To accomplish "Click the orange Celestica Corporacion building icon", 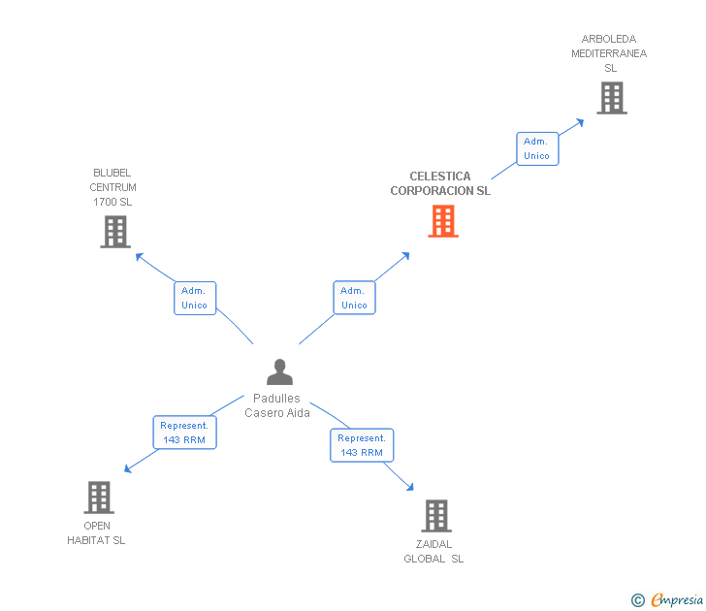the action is (443, 221).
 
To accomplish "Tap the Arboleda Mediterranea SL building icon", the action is (611, 98).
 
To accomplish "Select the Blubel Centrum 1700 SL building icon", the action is (114, 232).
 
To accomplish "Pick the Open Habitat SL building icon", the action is (98, 498).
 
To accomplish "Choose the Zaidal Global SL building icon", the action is (437, 516).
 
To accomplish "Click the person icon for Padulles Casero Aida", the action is (279, 371).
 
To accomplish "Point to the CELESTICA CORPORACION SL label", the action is (440, 183).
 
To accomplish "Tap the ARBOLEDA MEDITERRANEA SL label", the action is (609, 53).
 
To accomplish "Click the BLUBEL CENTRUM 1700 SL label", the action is (113, 187).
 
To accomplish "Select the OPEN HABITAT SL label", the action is (96, 533).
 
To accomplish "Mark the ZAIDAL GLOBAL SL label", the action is (433, 551).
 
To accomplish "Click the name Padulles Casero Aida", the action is (277, 405).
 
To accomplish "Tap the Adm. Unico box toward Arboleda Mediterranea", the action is (536, 148).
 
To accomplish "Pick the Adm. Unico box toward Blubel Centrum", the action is (195, 298).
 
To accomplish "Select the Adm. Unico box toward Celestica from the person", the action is (354, 298).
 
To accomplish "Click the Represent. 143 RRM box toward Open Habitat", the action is (184, 432).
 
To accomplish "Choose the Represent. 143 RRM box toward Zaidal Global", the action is (362, 445).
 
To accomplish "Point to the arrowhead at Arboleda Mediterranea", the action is (580, 121).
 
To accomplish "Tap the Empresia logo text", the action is (675, 599).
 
